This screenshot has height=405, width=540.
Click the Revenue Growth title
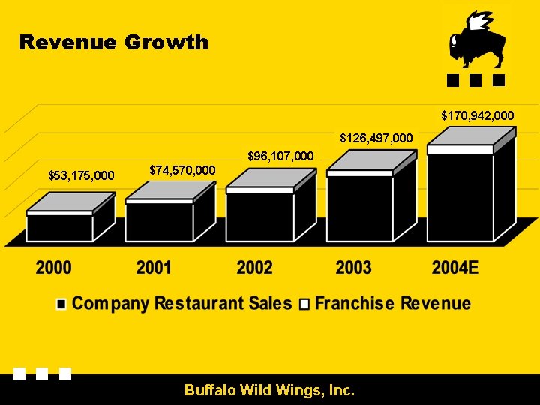point(114,43)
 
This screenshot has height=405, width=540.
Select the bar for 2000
point(70,217)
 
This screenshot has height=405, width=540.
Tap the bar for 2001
point(170,211)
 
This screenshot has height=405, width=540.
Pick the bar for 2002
point(271,205)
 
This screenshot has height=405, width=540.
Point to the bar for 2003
point(371,196)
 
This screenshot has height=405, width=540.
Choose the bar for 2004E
point(472,184)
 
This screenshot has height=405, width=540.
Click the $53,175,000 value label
point(81,176)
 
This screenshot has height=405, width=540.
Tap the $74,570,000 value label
point(182,170)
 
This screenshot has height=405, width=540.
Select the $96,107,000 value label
point(280,156)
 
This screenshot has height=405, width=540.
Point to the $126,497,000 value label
point(376,138)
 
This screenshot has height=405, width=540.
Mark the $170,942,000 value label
point(477,115)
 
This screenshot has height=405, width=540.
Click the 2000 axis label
point(53,268)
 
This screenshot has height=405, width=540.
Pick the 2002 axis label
point(254,268)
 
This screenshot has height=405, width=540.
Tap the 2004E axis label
point(455,268)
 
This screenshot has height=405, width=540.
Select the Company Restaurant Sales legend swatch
point(61,304)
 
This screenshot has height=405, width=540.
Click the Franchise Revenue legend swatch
point(304,304)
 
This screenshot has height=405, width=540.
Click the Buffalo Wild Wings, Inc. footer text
point(270,390)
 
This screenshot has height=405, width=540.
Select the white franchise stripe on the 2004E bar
point(460,150)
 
